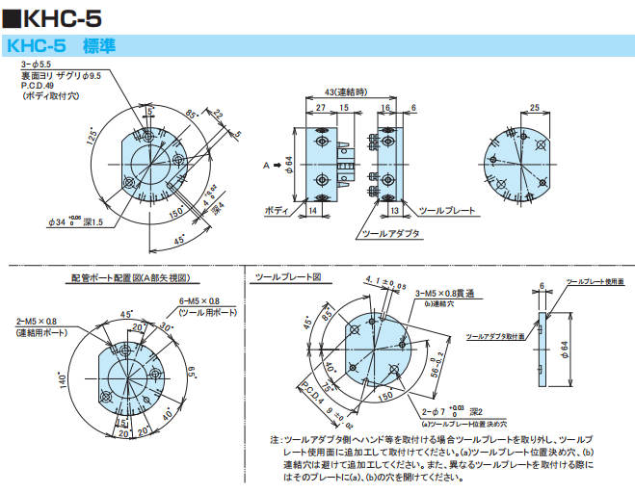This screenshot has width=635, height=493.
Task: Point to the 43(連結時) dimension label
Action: point(344,91)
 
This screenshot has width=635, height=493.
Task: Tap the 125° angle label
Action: point(92,137)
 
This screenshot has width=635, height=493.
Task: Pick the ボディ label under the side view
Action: point(276,209)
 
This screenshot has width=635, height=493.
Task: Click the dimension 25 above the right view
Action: point(535,108)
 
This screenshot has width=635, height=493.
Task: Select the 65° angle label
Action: point(193,370)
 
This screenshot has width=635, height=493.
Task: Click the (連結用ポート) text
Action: point(41,332)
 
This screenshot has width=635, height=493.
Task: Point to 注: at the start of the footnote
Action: point(277,440)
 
